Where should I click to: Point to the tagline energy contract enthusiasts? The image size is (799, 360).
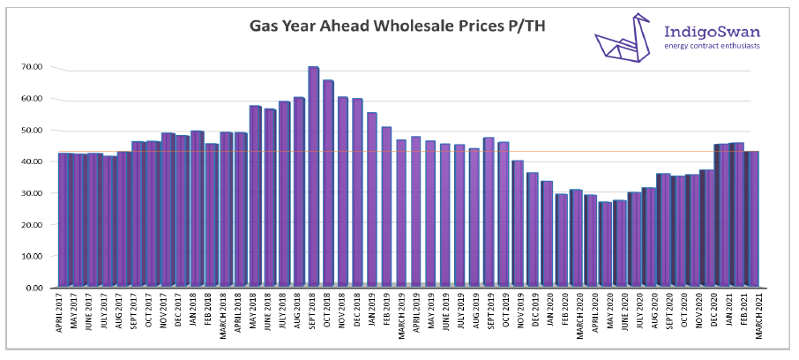coord(712,47)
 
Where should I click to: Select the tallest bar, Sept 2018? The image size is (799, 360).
coord(313,176)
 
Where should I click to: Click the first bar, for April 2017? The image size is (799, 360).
coord(63,220)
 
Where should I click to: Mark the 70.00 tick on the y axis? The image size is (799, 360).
coord(33,67)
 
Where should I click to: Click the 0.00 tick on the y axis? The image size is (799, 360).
coord(35,288)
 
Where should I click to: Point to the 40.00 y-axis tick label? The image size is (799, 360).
coord(33,161)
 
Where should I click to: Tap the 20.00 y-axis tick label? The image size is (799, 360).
coord(33,225)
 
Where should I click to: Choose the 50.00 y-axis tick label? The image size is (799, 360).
coord(33,130)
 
